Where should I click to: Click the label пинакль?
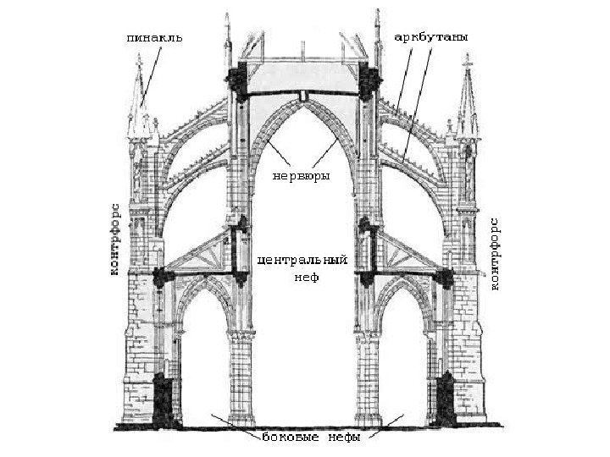pyautogui.click(x=153, y=38)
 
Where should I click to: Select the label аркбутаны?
pyautogui.click(x=431, y=38)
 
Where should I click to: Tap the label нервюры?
pyautogui.click(x=300, y=175)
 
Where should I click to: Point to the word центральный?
pyautogui.click(x=302, y=259)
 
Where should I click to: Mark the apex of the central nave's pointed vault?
pyautogui.click(x=302, y=100)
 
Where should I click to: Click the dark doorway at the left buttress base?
pyautogui.click(x=169, y=398)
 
